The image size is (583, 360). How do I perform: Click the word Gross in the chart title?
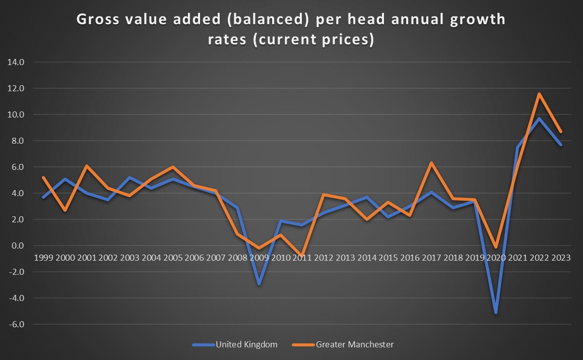(x=98, y=19)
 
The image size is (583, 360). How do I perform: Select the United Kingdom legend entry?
(x=235, y=344)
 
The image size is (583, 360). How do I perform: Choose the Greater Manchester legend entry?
(x=343, y=344)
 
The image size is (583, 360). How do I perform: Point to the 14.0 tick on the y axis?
(x=16, y=62)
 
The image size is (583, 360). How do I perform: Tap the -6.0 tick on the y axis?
(x=16, y=324)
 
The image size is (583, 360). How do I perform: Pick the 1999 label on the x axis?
(x=43, y=257)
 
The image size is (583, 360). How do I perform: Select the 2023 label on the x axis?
(x=561, y=257)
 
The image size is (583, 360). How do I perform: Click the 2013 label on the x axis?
(x=345, y=257)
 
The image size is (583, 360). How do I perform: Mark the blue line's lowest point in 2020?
(x=496, y=313)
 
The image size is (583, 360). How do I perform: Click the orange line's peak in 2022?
(x=539, y=94)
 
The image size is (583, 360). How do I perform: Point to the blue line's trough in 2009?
(x=259, y=284)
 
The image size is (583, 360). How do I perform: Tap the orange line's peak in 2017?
(x=431, y=163)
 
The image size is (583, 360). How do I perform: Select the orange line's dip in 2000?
(x=65, y=210)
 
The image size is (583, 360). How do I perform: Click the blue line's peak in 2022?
(x=539, y=118)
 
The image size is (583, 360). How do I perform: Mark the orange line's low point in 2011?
(x=302, y=256)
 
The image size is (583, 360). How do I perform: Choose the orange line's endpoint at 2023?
(x=560, y=132)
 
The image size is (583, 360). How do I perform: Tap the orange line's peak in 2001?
(x=87, y=166)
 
